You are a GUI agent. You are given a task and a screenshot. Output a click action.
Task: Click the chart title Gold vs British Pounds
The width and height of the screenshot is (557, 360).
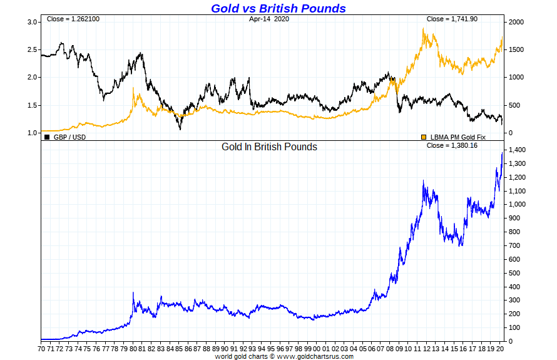pos(278,8)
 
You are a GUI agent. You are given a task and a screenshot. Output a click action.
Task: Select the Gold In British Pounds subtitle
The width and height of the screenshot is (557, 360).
pos(269,147)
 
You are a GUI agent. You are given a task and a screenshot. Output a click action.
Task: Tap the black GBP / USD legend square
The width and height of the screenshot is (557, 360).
pos(47,136)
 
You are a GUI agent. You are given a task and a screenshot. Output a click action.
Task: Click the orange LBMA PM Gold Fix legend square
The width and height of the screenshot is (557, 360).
pos(424,136)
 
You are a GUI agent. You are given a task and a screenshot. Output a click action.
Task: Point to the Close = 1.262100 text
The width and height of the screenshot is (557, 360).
pos(73,19)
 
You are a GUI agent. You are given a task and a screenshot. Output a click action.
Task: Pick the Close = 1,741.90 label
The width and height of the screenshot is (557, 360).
pos(452,19)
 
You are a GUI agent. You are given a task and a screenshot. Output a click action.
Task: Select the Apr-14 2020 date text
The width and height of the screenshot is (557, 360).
pos(269,19)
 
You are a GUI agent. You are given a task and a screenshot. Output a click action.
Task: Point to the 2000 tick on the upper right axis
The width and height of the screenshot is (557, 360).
pos(516,22)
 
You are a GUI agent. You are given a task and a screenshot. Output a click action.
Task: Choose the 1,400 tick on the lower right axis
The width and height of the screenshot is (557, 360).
pos(517,150)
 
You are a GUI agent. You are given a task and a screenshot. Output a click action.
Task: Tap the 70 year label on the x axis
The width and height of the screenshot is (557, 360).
pos(41,348)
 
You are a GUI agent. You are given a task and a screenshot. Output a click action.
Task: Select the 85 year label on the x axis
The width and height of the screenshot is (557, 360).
pos(179,348)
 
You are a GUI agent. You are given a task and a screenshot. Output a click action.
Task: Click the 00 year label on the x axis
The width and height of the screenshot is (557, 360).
pos(317,348)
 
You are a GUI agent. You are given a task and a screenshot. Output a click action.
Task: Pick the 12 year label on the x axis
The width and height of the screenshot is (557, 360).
pos(427,348)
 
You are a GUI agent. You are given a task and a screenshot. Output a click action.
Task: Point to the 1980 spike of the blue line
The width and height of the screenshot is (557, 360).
pos(133,292)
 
